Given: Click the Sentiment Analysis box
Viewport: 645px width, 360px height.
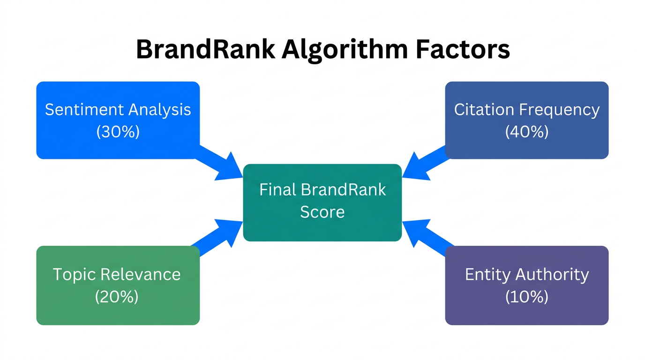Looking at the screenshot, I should click(x=118, y=120).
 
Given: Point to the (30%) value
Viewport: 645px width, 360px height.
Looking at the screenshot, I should click(x=118, y=132).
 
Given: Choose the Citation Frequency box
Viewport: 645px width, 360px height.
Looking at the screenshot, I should click(x=526, y=120).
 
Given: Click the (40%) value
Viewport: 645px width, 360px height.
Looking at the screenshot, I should click(x=526, y=132).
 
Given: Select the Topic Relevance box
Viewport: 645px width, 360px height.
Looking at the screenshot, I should click(x=118, y=285).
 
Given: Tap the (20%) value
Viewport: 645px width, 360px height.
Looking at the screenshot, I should click(x=117, y=297).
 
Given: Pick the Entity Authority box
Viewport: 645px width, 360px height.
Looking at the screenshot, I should click(x=526, y=285).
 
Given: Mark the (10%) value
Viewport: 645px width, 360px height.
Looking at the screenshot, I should click(x=526, y=297).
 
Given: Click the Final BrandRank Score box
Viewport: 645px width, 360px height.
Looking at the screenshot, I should click(x=322, y=202).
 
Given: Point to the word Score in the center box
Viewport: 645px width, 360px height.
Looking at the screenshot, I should click(x=322, y=212).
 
